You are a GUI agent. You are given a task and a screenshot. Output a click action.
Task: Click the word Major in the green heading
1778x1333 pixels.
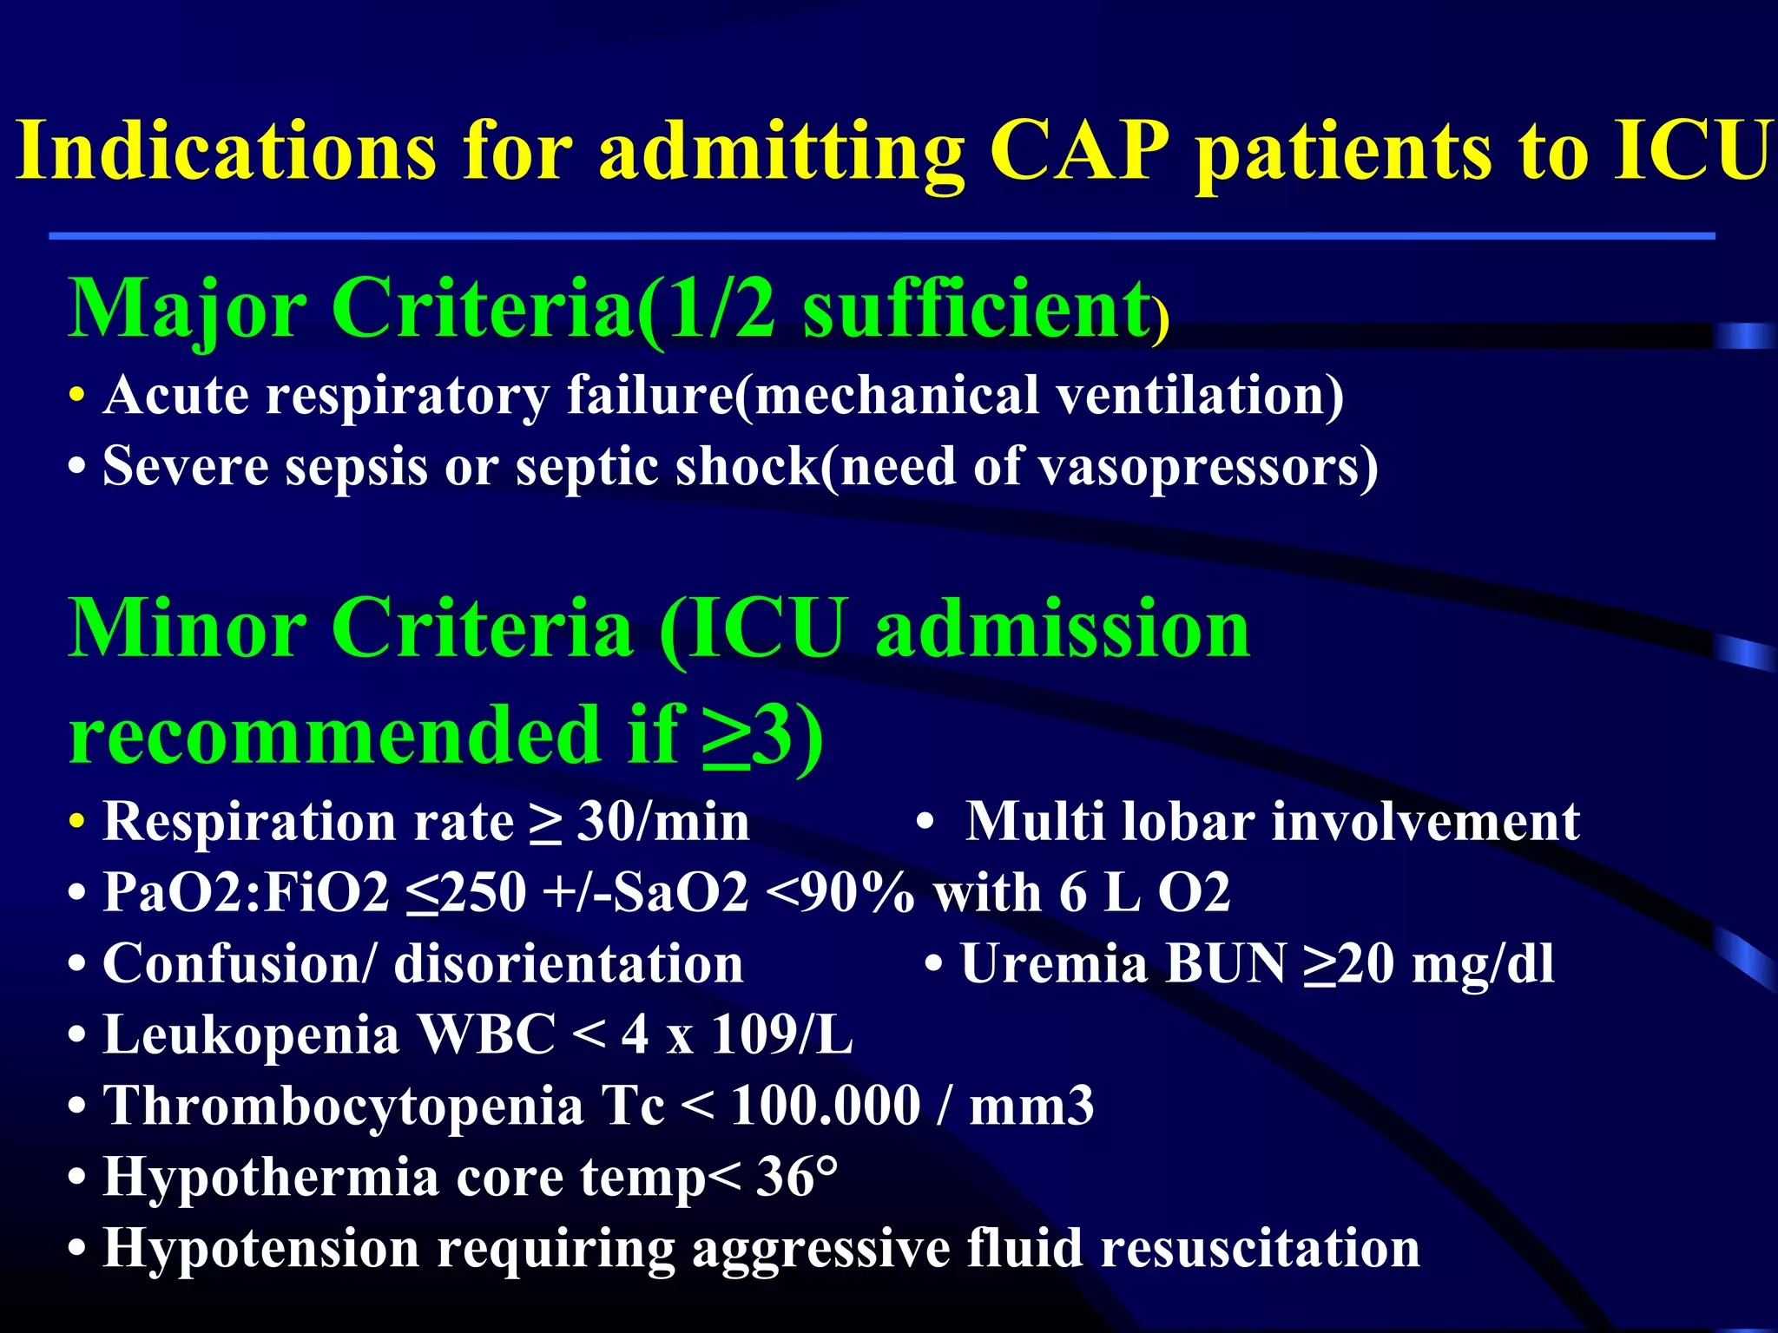coord(188,309)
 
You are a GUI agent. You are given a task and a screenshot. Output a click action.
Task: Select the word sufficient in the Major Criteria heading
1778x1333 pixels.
coord(978,309)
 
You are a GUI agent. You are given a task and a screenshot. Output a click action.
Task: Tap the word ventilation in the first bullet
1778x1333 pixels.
coord(1199,396)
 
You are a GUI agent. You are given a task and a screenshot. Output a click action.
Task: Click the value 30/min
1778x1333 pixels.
coord(663,821)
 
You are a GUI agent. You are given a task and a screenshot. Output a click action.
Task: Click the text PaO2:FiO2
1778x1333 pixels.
coord(246,892)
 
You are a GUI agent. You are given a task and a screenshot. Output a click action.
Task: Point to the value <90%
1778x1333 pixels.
coord(840,892)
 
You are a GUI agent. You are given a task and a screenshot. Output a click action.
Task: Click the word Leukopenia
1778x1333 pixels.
coord(251,1034)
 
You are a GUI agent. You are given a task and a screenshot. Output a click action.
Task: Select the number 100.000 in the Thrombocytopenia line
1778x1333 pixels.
coord(825,1106)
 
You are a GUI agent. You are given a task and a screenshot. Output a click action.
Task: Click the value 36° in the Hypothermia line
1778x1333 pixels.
coord(796,1177)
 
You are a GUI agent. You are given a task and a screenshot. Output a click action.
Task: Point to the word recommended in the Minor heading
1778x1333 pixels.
coord(333,734)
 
